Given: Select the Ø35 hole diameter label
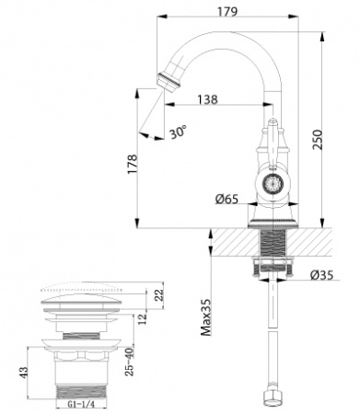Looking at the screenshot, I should pos(321,274).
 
